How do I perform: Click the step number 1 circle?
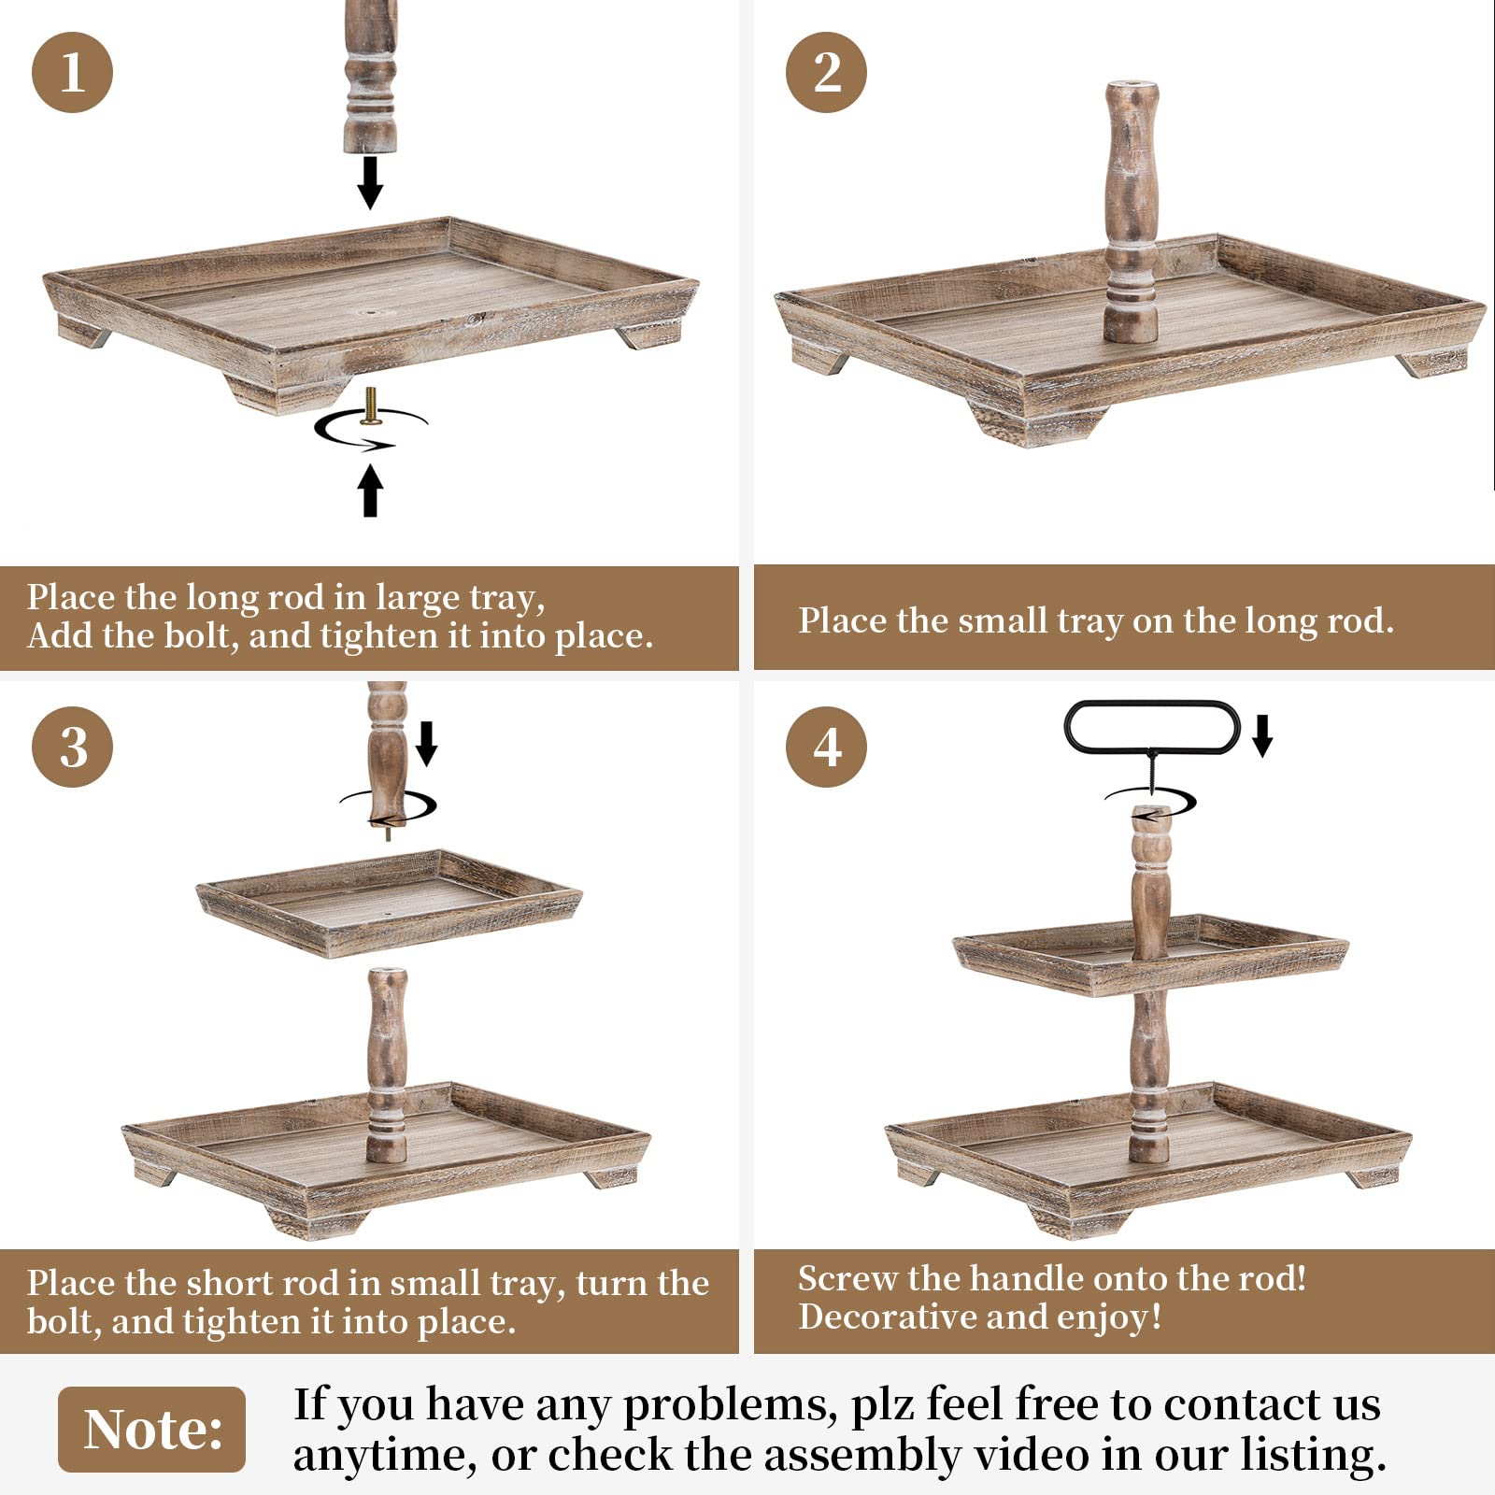[x=72, y=72]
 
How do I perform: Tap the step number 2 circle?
[x=826, y=72]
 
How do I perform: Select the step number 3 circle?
[x=72, y=747]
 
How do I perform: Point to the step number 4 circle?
[x=826, y=747]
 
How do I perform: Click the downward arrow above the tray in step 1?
[x=370, y=182]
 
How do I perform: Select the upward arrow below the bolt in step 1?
[x=371, y=491]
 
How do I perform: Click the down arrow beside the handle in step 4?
[x=1262, y=735]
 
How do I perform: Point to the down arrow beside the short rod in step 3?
[x=426, y=743]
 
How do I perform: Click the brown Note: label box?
[x=152, y=1429]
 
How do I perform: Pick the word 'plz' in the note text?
[x=883, y=1406]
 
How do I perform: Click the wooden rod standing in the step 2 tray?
[x=1132, y=212]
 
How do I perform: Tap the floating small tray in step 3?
[x=389, y=902]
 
